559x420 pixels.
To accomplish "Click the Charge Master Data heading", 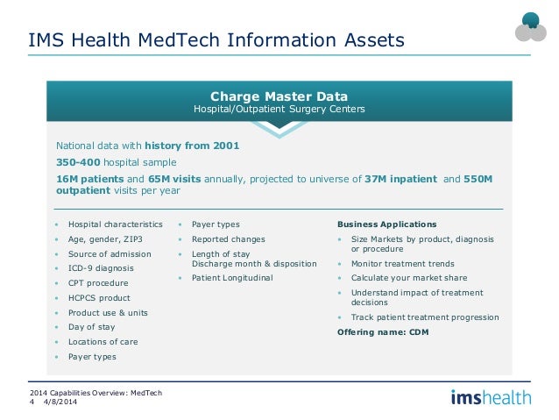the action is click(279, 96).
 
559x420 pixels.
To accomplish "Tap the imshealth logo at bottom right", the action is click(491, 397).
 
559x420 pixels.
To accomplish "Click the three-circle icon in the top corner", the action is click(530, 27).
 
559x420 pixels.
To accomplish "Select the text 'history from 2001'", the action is click(192, 146).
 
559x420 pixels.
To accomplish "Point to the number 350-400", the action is click(78, 162).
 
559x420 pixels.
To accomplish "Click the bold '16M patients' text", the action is click(90, 179).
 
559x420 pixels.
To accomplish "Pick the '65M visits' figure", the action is click(174, 179).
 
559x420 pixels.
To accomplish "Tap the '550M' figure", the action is click(478, 179).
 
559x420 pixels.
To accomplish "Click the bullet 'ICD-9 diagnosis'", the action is click(101, 268).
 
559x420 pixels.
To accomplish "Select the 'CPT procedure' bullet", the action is click(98, 283).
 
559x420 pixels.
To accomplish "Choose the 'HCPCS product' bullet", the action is click(99, 298).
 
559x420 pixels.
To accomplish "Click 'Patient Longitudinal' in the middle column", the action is click(232, 278).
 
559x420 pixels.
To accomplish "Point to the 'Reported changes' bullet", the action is click(229, 239).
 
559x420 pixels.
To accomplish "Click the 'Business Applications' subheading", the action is click(386, 224).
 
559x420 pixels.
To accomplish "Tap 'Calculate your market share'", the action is click(409, 278).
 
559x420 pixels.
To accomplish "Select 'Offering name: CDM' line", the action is click(383, 332).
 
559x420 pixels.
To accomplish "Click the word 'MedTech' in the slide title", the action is click(179, 39).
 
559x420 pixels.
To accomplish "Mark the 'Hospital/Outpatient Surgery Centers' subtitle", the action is click(279, 109).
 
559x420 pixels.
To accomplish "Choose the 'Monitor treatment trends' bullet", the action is click(402, 264).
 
